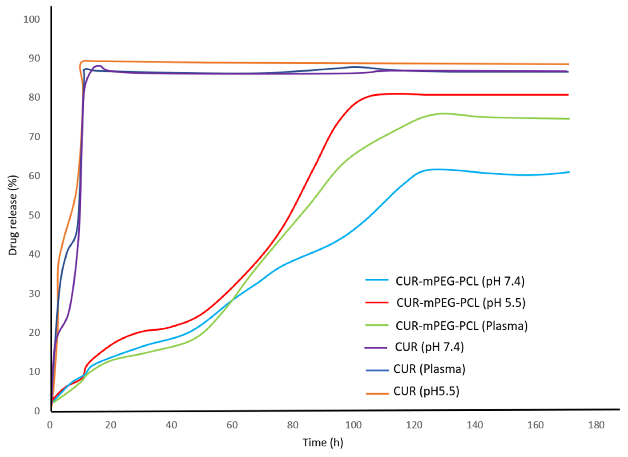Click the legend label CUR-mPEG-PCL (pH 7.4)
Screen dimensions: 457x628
[x=460, y=281]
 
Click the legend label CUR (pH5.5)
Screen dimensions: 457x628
[x=426, y=391]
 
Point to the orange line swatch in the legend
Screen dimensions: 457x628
[x=377, y=393]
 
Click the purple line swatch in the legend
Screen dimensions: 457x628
[x=376, y=348]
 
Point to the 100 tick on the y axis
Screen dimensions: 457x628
[x=32, y=19]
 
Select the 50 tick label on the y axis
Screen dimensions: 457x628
[x=34, y=215]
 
